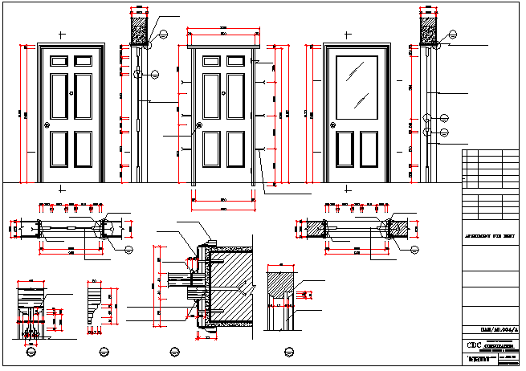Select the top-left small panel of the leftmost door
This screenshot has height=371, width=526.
point(60,60)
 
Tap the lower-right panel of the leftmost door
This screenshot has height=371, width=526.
point(84,149)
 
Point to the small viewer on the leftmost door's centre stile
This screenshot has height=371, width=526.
point(72,94)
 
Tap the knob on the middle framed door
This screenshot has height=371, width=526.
point(199,125)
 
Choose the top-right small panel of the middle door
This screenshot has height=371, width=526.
point(234,60)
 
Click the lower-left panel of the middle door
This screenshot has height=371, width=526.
point(212,149)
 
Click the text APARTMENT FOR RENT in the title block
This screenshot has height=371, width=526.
point(491,238)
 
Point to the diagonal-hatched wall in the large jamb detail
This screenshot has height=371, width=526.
point(233,289)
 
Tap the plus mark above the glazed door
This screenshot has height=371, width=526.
point(346,36)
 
